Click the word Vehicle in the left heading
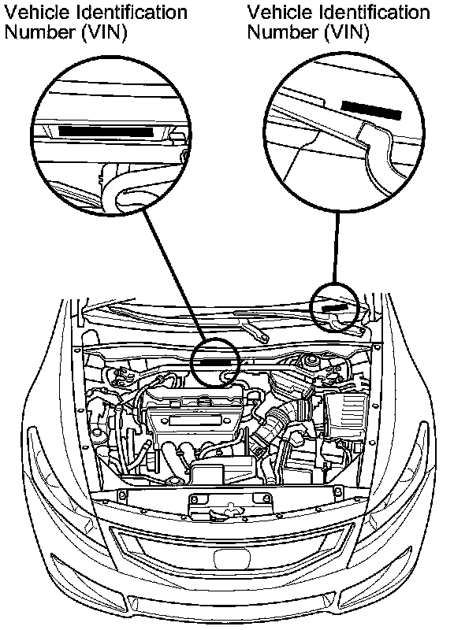click(x=37, y=13)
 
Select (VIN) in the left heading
click(x=105, y=32)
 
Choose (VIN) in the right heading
click(x=347, y=32)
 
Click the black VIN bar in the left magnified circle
click(x=106, y=132)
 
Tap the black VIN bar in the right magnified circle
click(x=371, y=110)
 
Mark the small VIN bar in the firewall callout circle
click(x=214, y=361)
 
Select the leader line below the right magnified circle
click(x=336, y=247)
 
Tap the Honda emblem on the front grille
click(x=233, y=558)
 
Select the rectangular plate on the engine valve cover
click(x=195, y=421)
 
